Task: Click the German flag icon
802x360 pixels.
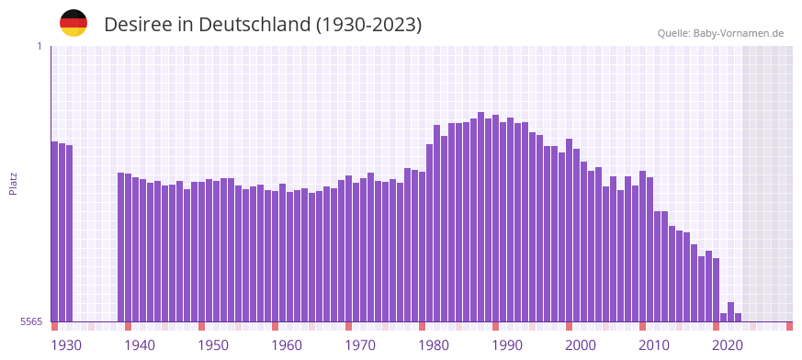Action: [73, 23]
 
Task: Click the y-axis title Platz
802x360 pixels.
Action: [13, 183]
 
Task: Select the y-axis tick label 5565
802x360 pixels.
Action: [30, 321]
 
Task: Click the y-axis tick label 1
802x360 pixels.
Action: [39, 46]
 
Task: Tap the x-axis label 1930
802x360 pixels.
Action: [66, 345]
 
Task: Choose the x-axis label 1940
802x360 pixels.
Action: [140, 345]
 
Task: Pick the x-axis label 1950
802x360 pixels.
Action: [213, 345]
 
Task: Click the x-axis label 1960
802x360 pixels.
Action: [287, 345]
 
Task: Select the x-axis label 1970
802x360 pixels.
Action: [360, 345]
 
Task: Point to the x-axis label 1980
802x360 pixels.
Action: [434, 345]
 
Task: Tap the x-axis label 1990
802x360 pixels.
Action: [507, 345]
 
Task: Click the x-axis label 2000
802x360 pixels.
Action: [581, 345]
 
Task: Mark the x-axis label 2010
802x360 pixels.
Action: [654, 345]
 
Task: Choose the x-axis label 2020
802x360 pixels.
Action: [728, 345]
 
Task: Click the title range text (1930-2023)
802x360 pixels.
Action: [368, 25]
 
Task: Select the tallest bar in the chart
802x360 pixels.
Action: [480, 216]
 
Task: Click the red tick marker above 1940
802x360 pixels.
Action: [128, 326]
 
